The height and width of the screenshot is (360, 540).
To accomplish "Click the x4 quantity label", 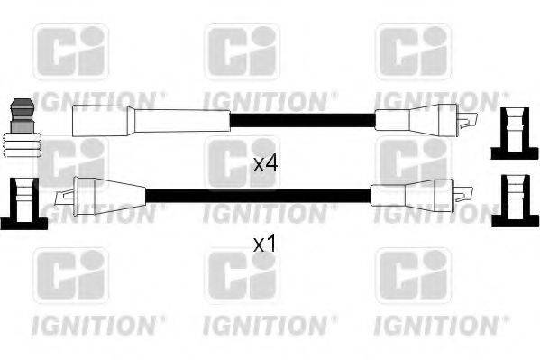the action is (x=263, y=164).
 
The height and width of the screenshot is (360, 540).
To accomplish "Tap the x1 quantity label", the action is (x=263, y=244).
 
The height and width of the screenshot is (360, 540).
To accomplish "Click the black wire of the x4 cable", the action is (x=301, y=119).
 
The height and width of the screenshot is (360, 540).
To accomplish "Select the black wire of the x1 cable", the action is (x=257, y=195).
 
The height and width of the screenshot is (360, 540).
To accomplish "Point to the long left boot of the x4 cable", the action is (x=149, y=118).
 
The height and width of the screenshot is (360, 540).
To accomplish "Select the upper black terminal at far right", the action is (x=514, y=134).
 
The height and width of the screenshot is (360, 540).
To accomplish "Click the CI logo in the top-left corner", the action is (x=70, y=51).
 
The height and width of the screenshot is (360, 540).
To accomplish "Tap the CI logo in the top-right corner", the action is (x=413, y=51).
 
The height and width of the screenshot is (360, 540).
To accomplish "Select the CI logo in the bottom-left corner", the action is (x=70, y=276).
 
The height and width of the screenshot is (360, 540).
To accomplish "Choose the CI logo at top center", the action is (x=242, y=51).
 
